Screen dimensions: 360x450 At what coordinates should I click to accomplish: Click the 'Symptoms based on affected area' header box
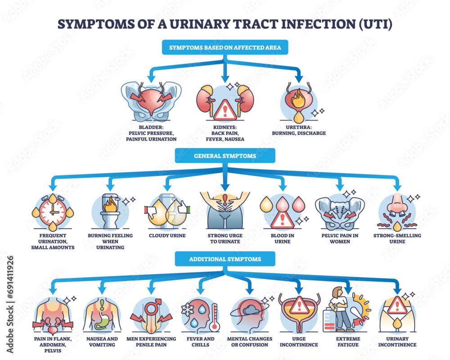click(225, 48)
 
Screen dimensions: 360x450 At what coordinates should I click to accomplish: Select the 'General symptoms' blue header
click(225, 155)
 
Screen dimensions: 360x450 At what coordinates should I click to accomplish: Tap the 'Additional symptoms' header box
click(225, 259)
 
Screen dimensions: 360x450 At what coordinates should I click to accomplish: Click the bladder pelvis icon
click(151, 102)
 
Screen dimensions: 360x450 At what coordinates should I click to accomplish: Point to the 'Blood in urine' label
click(282, 238)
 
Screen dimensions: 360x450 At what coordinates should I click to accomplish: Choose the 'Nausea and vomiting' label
click(101, 342)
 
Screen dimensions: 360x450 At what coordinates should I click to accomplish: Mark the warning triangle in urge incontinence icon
click(297, 306)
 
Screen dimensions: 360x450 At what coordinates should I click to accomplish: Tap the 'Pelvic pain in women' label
click(340, 238)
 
